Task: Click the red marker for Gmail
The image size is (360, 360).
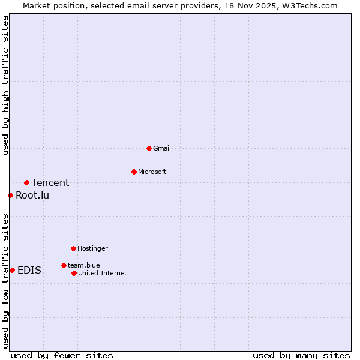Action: (x=149, y=148)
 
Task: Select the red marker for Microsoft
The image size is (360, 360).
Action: (x=134, y=172)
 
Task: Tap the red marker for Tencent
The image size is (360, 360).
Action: (x=26, y=182)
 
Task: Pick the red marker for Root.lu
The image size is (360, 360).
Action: (x=10, y=195)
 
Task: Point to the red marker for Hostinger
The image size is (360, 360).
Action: (x=73, y=248)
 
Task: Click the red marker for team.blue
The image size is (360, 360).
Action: (x=64, y=265)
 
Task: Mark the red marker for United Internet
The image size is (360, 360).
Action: (x=74, y=273)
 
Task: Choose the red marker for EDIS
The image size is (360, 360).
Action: (x=12, y=270)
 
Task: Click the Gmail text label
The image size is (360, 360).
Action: (x=161, y=148)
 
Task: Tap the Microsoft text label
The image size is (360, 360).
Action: (x=152, y=172)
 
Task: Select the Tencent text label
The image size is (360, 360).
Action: (x=50, y=182)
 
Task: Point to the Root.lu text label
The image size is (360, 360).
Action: (x=32, y=195)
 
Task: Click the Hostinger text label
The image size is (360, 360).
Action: (x=92, y=248)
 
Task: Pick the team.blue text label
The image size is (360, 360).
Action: (x=83, y=265)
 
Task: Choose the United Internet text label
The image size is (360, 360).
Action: (x=102, y=273)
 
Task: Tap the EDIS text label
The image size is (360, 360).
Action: (x=29, y=270)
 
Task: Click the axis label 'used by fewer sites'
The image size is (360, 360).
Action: (x=62, y=355)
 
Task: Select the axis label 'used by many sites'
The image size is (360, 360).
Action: (x=301, y=355)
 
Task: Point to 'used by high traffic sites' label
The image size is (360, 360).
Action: (x=5, y=86)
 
